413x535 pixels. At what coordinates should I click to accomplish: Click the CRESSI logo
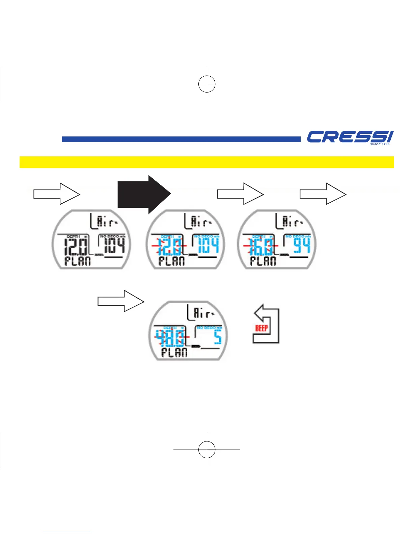(350, 137)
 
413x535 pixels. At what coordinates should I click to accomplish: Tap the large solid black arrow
(144, 194)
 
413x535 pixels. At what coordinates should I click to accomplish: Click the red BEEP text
(261, 328)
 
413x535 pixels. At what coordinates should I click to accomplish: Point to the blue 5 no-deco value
(218, 337)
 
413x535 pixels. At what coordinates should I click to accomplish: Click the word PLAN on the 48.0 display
(174, 353)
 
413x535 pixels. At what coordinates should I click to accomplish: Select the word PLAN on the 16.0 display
(263, 261)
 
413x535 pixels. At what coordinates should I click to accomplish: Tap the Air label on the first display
(107, 222)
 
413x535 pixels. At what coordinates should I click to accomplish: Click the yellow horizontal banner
(206, 162)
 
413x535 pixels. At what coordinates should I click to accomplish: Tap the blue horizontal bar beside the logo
(181, 139)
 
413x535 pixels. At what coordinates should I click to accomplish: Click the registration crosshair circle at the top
(207, 83)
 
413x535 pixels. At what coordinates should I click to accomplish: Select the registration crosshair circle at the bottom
(207, 450)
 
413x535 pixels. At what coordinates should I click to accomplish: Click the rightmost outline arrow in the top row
(323, 194)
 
